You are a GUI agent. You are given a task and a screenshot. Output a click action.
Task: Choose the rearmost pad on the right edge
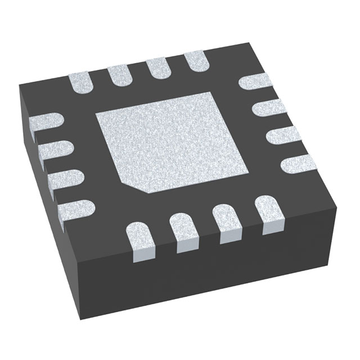point(256,82)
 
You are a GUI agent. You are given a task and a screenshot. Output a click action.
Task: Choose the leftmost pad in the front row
point(141,239)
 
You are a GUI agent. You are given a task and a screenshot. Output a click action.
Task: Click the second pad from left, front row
point(186,228)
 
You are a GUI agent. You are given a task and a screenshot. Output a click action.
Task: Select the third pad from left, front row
point(227,219)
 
